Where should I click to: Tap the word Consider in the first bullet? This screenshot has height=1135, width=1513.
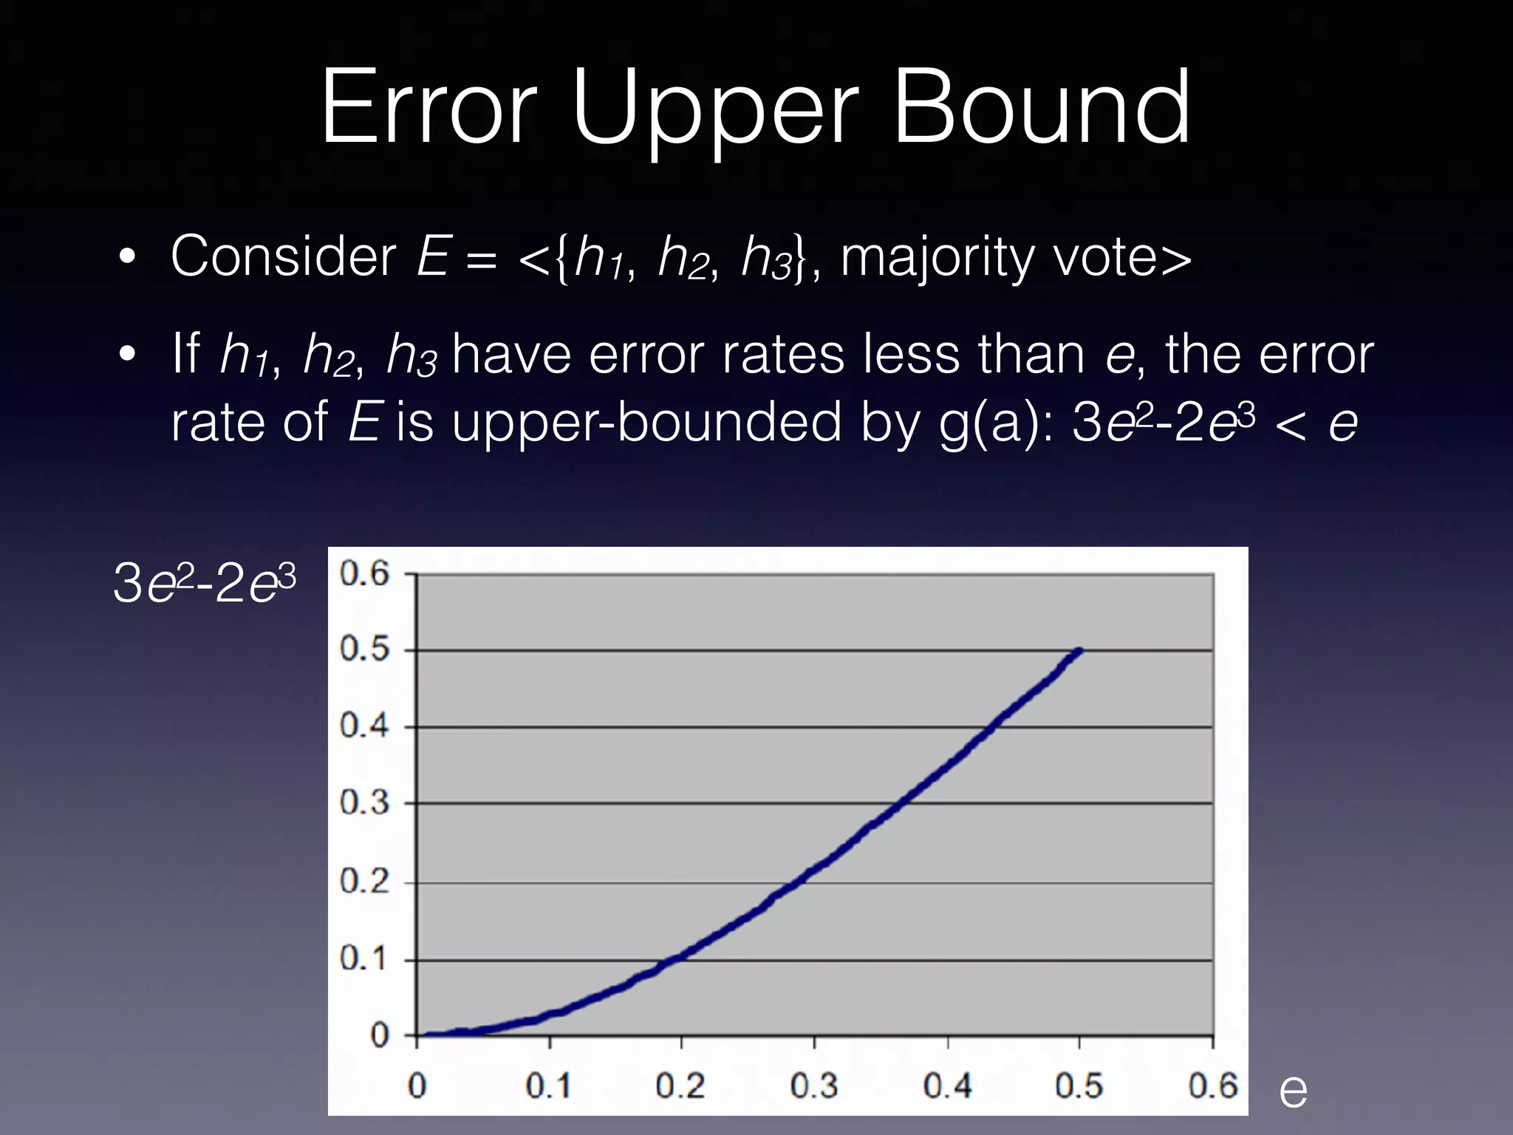[284, 256]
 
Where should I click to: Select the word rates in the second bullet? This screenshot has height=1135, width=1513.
[783, 355]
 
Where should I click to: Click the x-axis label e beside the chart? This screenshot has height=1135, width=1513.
[1293, 1091]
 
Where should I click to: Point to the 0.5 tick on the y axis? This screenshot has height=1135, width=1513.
[364, 650]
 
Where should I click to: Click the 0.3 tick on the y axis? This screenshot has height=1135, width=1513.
[364, 802]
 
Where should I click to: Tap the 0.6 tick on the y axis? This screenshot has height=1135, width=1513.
[364, 573]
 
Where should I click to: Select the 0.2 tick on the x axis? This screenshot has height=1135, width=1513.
[680, 1085]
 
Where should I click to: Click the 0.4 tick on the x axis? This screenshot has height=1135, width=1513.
[947, 1085]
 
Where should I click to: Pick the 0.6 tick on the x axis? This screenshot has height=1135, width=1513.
[1212, 1085]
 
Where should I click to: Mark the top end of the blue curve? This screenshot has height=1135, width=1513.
[1079, 651]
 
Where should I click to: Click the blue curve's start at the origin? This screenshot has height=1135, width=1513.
[420, 1035]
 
